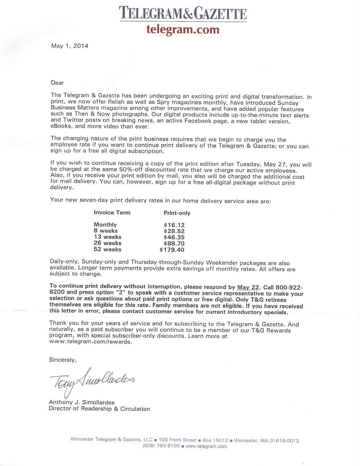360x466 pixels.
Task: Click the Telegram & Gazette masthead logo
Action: click(183, 14)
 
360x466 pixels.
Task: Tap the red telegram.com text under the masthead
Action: click(183, 29)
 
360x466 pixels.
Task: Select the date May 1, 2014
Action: click(69, 46)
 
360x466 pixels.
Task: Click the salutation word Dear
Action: click(57, 83)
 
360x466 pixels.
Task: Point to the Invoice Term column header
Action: click(112, 212)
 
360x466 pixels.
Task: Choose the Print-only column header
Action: click(177, 213)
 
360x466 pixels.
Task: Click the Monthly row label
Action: click(105, 225)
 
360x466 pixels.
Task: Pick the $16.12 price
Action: click(174, 225)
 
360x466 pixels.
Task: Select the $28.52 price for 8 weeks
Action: click(174, 231)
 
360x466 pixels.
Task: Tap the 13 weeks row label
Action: click(108, 237)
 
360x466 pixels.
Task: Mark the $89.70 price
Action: click(174, 243)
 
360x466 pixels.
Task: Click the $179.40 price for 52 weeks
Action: click(172, 250)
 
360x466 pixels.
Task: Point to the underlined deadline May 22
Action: click(248, 287)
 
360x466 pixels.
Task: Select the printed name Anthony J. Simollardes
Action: click(82, 402)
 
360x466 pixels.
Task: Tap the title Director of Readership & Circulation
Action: click(99, 409)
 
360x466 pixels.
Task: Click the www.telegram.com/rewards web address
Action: click(90, 342)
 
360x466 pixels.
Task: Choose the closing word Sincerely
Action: click(63, 360)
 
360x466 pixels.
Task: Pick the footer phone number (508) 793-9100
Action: click(161, 446)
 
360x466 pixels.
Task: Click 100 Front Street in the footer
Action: click(177, 440)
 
